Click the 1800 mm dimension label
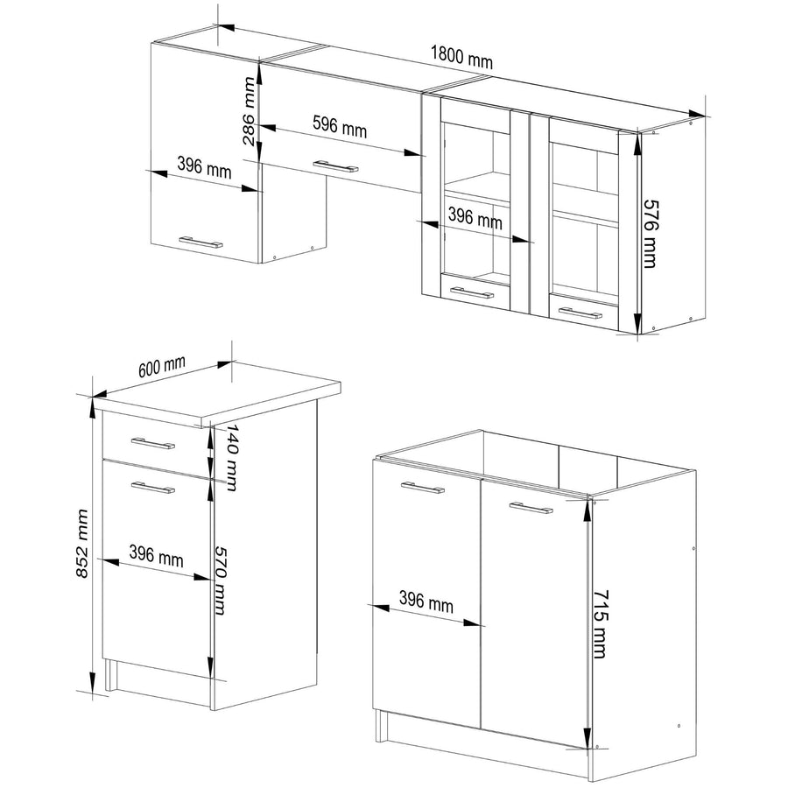(x=461, y=58)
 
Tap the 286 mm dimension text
(x=250, y=111)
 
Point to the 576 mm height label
(x=651, y=234)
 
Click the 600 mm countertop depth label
(x=162, y=366)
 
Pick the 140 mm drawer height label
(x=232, y=457)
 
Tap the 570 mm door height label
(x=220, y=580)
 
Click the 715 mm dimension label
(x=600, y=624)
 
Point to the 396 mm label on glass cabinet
(x=475, y=219)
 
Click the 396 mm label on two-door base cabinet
(x=426, y=602)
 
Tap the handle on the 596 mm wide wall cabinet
(x=335, y=167)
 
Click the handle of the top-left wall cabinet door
(x=201, y=242)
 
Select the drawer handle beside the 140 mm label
(x=152, y=443)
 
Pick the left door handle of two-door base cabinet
(x=423, y=488)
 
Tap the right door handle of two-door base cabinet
(x=531, y=508)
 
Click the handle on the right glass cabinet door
(x=580, y=313)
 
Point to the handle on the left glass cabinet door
(x=472, y=293)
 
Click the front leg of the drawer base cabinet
(x=109, y=675)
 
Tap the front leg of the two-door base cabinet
(x=381, y=726)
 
